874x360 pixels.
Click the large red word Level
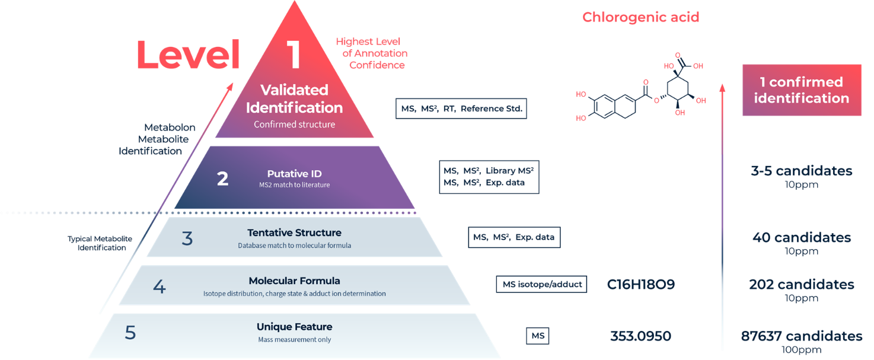188,55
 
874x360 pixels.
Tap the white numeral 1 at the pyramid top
294,55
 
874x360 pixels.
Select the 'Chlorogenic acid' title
640,17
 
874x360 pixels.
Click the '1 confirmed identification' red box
802,90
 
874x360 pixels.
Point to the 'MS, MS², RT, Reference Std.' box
461,109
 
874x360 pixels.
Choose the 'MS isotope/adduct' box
541,284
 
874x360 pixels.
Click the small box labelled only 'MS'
538,336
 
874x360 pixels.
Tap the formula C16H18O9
640,284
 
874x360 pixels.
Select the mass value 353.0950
640,336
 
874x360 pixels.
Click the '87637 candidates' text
802,336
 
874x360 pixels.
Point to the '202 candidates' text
802,284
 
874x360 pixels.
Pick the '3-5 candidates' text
802,171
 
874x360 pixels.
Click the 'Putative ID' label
294,174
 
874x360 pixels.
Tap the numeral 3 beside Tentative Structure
187,238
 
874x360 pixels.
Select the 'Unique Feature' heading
295,327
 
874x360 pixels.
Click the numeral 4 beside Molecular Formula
159,286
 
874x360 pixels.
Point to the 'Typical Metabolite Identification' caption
100,243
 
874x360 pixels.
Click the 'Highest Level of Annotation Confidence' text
371,53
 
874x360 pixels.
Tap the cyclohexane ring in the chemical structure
678,88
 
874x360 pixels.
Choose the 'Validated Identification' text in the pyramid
294,98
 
